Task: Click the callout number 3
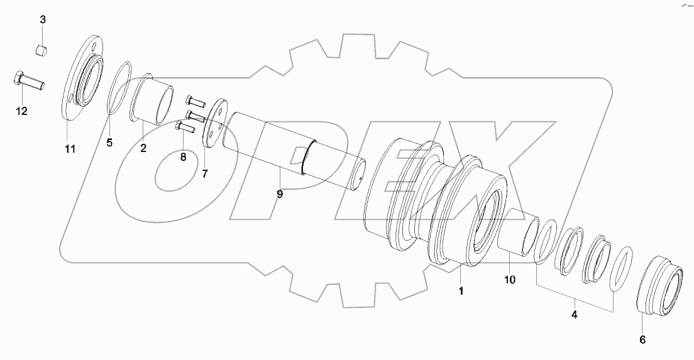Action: click(43, 20)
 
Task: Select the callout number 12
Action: click(21, 111)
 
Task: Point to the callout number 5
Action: click(109, 143)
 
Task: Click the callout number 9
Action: click(280, 194)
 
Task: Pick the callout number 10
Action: click(509, 280)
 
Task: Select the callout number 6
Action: click(642, 339)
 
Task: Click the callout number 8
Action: click(183, 157)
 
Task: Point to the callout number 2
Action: click(143, 148)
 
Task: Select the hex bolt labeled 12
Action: click(28, 80)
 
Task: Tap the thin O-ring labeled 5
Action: click(119, 87)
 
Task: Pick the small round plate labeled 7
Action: click(215, 123)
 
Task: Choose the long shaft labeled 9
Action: click(295, 151)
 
